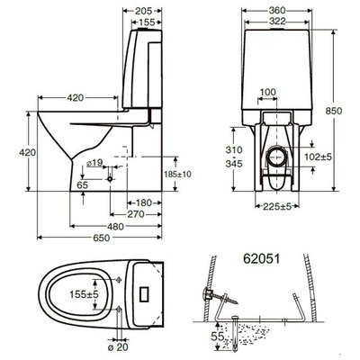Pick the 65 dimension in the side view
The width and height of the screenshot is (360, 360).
click(x=83, y=184)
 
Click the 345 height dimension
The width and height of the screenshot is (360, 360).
click(x=232, y=166)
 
